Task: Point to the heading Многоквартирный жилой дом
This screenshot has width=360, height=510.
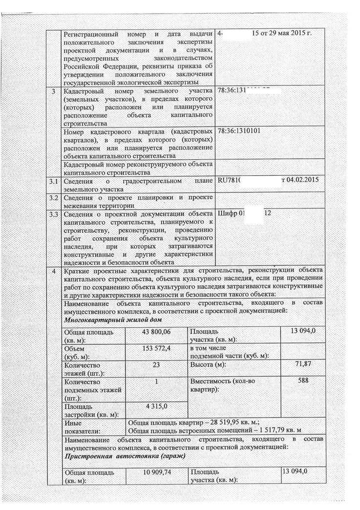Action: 113,319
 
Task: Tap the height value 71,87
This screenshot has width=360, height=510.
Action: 303,364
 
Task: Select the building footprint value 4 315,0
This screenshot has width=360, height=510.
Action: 156,405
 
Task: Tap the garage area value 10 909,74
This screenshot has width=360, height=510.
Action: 157,473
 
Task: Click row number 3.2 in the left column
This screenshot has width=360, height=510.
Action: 55,197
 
